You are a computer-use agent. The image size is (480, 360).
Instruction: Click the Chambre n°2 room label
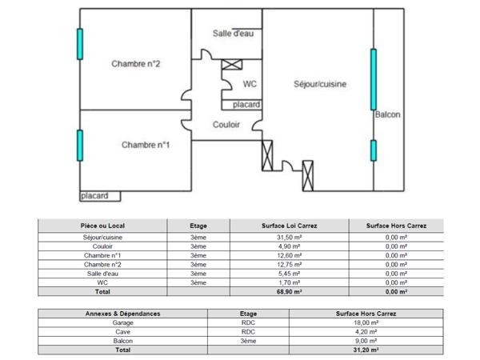[138, 65]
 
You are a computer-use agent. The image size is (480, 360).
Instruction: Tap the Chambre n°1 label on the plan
[146, 145]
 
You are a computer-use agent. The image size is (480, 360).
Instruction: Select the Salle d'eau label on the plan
[234, 33]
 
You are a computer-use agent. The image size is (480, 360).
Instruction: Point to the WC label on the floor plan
[250, 83]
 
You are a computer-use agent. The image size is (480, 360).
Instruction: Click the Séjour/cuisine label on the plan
[320, 83]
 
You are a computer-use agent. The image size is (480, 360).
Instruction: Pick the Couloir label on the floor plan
[227, 125]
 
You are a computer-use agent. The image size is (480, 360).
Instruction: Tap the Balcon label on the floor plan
[388, 115]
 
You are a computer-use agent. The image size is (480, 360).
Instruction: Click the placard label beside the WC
[246, 105]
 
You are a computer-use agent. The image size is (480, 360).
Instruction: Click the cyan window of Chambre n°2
[80, 44]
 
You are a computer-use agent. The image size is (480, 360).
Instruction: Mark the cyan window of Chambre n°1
[80, 145]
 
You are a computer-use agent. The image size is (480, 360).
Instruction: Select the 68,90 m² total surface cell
[289, 292]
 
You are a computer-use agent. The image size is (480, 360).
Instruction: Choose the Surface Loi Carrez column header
[289, 226]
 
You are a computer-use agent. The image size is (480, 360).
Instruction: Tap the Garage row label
[122, 323]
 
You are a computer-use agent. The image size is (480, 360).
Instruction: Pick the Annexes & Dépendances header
[122, 314]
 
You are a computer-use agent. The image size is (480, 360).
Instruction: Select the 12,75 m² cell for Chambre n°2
[289, 265]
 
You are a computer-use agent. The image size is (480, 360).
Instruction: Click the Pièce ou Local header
[102, 226]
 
